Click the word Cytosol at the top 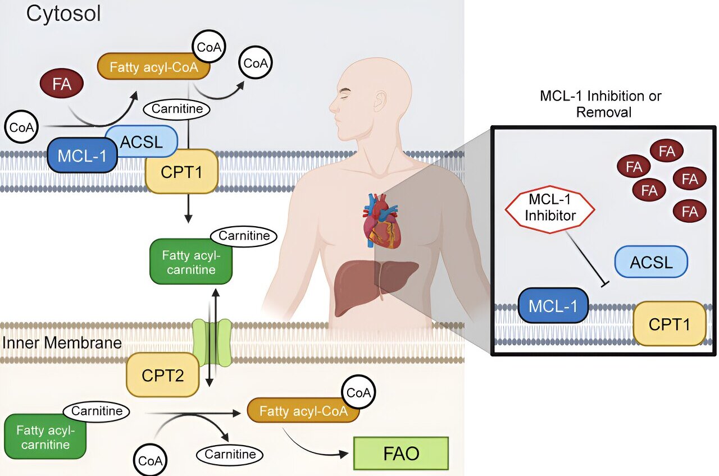63,13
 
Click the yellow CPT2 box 163,376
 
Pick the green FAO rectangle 401,452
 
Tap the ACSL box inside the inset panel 651,262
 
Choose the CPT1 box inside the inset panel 670,323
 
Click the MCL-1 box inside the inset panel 553,305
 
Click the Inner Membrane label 62,342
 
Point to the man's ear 382,103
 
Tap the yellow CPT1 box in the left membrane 181,171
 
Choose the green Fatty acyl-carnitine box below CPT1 191,262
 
